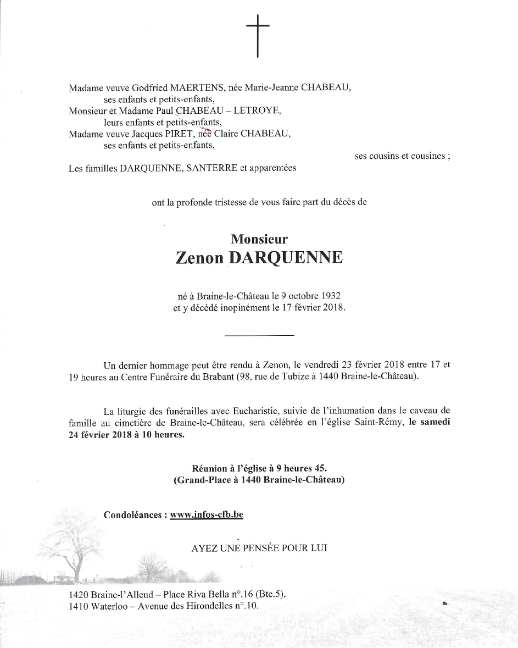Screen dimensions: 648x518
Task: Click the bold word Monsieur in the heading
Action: pyautogui.click(x=259, y=239)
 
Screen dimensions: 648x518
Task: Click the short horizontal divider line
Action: pyautogui.click(x=260, y=335)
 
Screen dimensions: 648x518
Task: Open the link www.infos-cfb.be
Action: pyautogui.click(x=207, y=515)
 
